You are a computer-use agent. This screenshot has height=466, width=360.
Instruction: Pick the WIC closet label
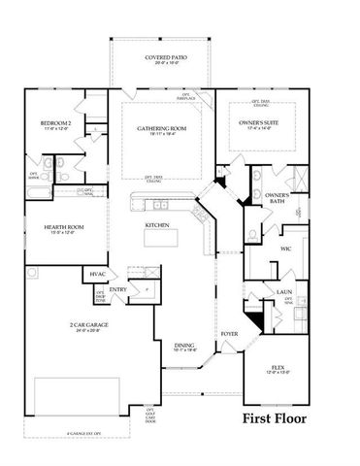pos(285,250)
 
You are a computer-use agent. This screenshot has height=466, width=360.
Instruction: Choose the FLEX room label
pos(277,368)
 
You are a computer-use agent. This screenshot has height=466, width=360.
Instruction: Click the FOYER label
pos(229,333)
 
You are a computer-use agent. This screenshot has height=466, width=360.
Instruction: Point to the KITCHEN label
pos(158,224)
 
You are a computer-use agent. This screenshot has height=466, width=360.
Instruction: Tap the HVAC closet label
pos(98,275)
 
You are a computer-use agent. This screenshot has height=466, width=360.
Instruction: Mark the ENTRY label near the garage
pos(118,288)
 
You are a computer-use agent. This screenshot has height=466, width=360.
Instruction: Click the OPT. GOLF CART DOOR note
pos(150,416)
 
